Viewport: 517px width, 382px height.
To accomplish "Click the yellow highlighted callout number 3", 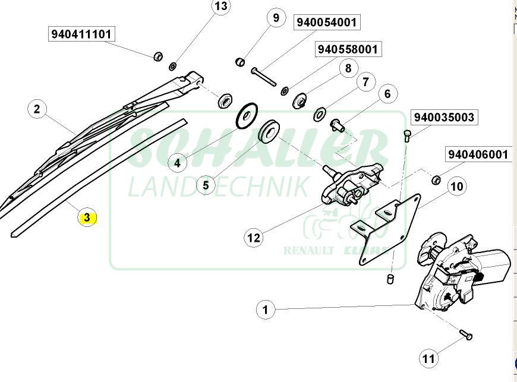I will [x=87, y=217].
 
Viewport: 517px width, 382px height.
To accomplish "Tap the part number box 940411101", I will [x=81, y=34].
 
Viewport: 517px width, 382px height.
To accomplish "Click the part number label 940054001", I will [x=327, y=23].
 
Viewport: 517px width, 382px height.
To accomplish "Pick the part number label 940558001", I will [x=348, y=49].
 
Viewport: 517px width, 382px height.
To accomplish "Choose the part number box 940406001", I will [x=478, y=154].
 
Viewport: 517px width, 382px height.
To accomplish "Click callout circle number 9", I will [x=276, y=18].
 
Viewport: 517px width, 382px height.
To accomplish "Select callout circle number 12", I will [x=254, y=238].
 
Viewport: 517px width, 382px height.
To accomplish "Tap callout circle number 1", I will [x=266, y=310].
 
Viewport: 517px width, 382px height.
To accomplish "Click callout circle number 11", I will [x=428, y=358].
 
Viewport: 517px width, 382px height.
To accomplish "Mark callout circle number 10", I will [x=456, y=187].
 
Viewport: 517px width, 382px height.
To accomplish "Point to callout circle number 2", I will [x=37, y=109].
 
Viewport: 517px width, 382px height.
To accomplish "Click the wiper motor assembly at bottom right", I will [x=461, y=270].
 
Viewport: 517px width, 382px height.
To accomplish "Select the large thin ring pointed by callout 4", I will [x=245, y=116].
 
